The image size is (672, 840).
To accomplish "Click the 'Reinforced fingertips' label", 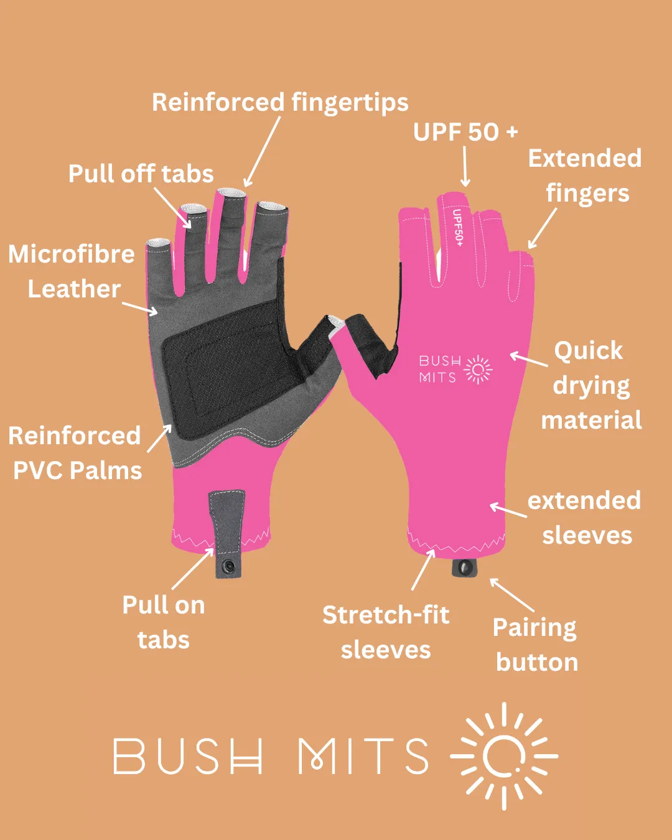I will coord(280,103).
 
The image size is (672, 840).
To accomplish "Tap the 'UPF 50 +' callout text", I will coord(465,132).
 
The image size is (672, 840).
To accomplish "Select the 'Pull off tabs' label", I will coord(141,174).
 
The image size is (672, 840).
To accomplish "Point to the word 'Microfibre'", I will coord(72,254).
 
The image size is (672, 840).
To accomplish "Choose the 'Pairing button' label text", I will coord(536,645).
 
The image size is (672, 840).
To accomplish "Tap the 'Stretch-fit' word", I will coord(386,615).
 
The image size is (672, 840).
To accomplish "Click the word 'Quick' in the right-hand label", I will coord(588,350).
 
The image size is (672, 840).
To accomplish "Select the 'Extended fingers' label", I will coord(585,175).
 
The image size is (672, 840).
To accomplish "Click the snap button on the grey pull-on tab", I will coord(229,566).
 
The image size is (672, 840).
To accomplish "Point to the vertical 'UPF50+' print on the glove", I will coord(457,227).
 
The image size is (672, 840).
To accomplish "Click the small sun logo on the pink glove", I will coord(478,370).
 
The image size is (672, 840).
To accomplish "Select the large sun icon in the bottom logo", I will coord(504,756).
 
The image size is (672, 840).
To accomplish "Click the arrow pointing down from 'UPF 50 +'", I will coord(465,167).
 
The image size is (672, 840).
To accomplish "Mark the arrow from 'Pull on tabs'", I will coord(193,569).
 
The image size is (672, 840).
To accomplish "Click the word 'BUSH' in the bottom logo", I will coord(187,756).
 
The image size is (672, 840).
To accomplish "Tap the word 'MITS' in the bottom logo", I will coord(363,756).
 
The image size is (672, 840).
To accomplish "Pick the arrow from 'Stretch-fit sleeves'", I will coord(423,569).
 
